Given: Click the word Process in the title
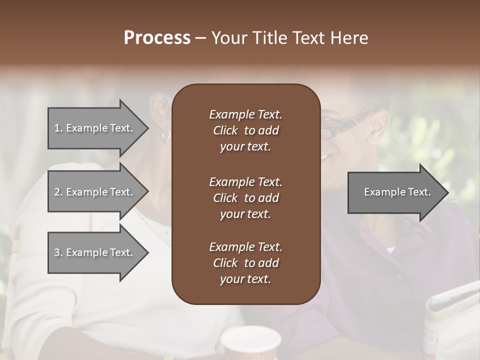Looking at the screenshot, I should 157,38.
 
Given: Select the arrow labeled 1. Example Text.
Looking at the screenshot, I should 93,128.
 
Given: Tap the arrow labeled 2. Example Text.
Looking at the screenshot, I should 93,192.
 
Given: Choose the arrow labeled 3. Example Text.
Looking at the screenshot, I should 93,252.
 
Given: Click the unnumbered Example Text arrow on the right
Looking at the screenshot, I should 397,192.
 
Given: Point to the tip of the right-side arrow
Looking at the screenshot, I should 447,192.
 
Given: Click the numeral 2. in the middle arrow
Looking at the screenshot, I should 58,192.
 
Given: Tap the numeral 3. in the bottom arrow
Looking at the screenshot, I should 58,252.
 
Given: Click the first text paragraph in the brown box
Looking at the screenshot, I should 245,130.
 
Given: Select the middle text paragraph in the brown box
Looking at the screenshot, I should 245,198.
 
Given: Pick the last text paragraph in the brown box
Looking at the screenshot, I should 245,263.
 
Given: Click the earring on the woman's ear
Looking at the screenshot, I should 165,135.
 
